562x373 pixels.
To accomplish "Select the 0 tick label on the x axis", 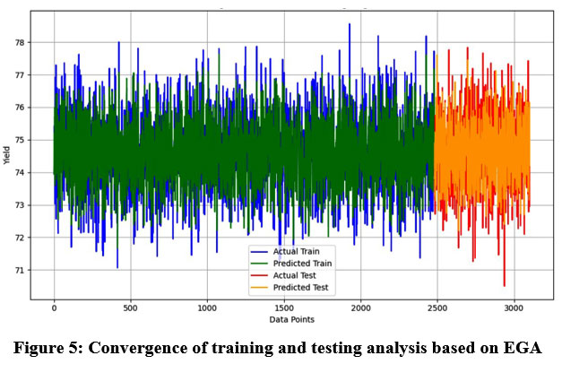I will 54,308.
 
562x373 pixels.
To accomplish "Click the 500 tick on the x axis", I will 130,308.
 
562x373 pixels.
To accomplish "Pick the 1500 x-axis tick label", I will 283,308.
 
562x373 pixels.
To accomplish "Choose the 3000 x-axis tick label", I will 514,308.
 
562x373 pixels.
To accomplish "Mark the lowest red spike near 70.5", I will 504,284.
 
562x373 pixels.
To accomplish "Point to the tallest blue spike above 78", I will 350,25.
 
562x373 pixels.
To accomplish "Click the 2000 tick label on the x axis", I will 360,308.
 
